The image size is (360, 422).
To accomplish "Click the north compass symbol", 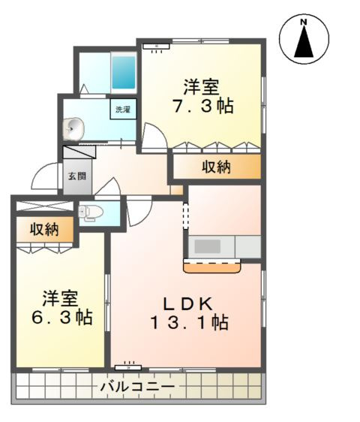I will click(x=304, y=41).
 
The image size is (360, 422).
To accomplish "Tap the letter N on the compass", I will click(x=304, y=23).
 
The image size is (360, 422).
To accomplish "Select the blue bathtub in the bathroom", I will click(x=123, y=72).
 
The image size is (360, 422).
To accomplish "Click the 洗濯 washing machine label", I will click(x=124, y=110).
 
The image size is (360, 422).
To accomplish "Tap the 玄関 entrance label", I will click(x=77, y=176).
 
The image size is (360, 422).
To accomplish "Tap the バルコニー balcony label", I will click(x=137, y=387).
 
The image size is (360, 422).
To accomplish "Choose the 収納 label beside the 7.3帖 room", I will click(x=215, y=167).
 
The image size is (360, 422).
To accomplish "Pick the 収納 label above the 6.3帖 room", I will click(x=45, y=230).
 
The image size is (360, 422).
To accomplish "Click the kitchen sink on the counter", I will click(x=208, y=246).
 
